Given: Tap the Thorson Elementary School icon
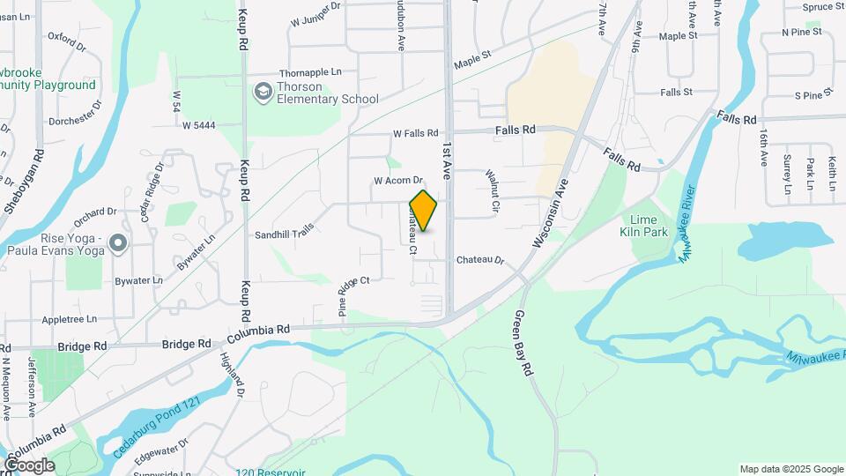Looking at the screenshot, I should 263,92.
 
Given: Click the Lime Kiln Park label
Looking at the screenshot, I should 649,226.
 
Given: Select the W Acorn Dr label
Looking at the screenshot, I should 399,181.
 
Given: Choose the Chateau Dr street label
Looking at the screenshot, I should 479,261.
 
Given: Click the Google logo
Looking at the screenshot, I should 28,465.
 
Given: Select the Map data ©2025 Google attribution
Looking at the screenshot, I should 790,469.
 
